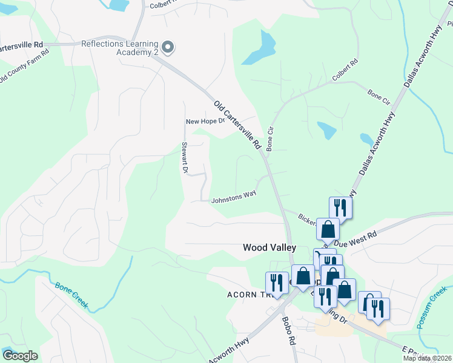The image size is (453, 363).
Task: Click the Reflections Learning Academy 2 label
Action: coord(120,48)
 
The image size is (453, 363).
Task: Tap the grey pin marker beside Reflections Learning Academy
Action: coord(169,47)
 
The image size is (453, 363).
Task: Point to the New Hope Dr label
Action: coord(205,121)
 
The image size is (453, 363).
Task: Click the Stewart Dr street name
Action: coord(185,158)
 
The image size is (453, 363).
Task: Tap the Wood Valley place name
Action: coord(269,247)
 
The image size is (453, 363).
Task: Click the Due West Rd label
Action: coord(355,238)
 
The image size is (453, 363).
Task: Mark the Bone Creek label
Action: coord(71,295)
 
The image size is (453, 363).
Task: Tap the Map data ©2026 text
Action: coord(427,358)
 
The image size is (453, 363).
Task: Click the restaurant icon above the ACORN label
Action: coord(277,283)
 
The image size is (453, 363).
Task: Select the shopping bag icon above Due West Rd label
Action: coord(328,229)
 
